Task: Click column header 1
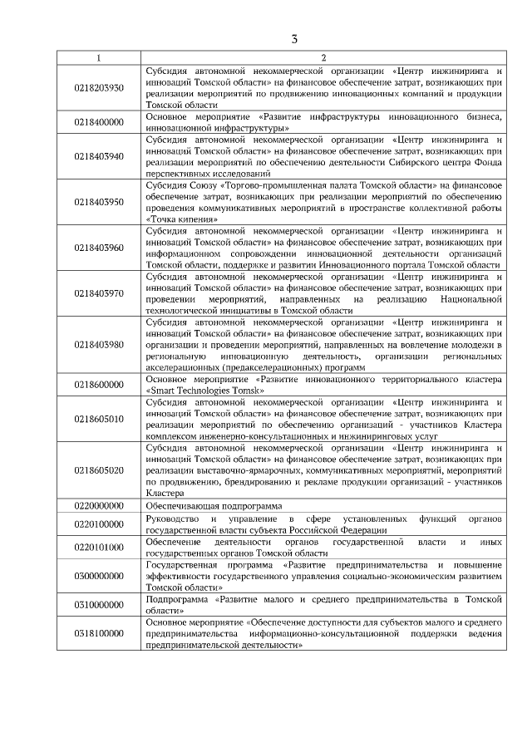(98, 57)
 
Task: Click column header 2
(323, 57)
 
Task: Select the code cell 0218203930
(98, 87)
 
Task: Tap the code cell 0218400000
(98, 121)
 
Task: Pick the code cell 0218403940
(98, 155)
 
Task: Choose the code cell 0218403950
(98, 201)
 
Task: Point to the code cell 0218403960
(98, 247)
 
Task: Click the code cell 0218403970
(98, 292)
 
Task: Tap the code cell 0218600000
(98, 384)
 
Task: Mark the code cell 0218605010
(98, 418)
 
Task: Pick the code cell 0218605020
(98, 469)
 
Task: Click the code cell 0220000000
(98, 504)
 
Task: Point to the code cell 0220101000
(98, 547)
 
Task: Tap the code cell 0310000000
(98, 604)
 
